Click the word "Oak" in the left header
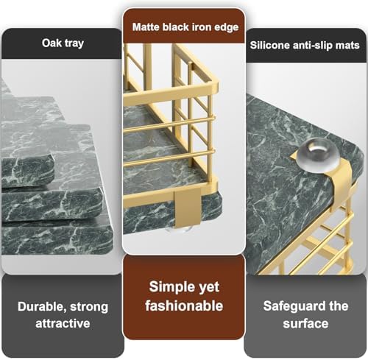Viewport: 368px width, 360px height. tap(51, 43)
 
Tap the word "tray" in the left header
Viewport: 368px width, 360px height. tap(74, 44)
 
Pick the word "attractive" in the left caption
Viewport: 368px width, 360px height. tap(63, 323)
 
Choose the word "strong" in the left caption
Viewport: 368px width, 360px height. tap(89, 308)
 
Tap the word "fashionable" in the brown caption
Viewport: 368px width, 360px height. tap(184, 306)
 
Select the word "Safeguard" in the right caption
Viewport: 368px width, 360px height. tap(292, 306)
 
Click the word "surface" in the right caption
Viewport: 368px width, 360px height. tap(305, 323)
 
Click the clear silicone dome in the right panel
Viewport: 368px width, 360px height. tap(319, 154)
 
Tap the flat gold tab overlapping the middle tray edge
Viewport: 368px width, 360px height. tap(184, 206)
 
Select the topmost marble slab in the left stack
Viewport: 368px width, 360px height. tap(27, 169)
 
